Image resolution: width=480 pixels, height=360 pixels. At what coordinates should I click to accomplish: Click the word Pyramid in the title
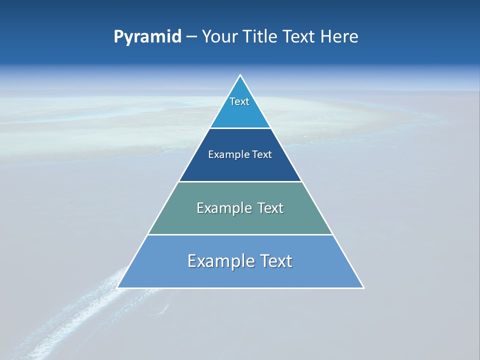click(147, 37)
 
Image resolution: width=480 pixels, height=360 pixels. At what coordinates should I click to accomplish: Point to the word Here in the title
click(339, 36)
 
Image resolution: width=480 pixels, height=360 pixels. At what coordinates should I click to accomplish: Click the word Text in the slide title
click(299, 36)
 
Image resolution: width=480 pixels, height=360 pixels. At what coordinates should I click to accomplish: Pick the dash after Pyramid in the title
click(191, 37)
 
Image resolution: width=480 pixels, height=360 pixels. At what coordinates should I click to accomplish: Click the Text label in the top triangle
click(239, 101)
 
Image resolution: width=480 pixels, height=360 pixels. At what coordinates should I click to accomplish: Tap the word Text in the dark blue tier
click(262, 154)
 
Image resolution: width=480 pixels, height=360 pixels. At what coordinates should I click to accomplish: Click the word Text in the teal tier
click(270, 208)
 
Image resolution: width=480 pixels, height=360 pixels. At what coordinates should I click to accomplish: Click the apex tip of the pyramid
click(240, 75)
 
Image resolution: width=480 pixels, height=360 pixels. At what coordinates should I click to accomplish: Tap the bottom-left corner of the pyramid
click(118, 287)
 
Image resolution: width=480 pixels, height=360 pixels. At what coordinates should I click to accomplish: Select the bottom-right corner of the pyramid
click(363, 287)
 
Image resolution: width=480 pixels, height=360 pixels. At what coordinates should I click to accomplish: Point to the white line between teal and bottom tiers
click(240, 234)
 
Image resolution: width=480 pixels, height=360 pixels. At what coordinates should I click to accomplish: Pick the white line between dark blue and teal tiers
click(240, 181)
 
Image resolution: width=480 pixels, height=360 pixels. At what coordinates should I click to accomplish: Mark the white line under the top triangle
click(240, 128)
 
